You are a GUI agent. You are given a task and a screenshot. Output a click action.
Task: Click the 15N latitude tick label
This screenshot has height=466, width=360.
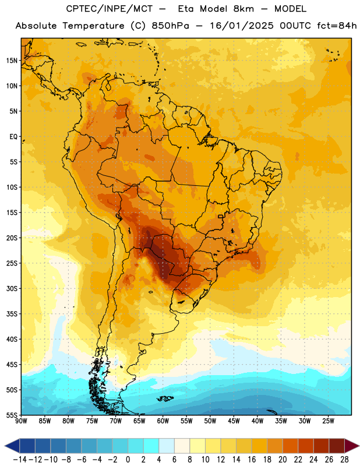point(12,61)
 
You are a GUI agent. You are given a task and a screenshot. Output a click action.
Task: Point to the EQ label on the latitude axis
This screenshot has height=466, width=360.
point(13,137)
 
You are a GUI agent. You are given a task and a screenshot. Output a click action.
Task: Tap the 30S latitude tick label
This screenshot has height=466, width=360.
point(12,288)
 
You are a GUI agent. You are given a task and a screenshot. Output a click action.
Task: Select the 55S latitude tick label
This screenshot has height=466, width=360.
point(12,415)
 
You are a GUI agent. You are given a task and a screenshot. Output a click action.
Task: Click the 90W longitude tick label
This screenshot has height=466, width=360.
point(21,421)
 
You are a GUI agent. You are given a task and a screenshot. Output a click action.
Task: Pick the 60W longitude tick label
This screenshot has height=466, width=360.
point(163,421)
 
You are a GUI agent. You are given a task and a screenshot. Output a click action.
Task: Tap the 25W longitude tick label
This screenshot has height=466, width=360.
point(328,421)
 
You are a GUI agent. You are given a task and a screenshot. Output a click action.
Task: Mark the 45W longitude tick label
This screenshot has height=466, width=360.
point(234,421)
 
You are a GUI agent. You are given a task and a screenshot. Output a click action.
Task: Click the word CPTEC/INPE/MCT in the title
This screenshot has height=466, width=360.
point(110,9)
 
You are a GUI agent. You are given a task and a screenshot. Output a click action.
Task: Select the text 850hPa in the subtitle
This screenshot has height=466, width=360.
point(170,26)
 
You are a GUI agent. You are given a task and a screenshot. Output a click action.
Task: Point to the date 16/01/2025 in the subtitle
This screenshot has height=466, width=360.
point(242,26)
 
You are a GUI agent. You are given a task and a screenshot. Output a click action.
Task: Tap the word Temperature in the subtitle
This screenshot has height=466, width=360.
point(93,26)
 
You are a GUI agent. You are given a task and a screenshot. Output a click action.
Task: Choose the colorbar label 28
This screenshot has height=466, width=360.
point(344,460)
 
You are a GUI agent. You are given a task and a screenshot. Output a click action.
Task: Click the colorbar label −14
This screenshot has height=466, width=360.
point(20,460)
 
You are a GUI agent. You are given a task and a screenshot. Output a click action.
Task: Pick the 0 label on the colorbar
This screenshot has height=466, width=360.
point(128,460)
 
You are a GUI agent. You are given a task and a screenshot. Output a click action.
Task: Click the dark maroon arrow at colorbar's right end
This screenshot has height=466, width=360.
point(352,446)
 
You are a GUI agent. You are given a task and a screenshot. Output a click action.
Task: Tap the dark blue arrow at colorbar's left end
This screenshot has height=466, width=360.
point(12,446)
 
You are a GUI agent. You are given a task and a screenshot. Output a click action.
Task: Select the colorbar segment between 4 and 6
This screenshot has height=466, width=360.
point(167,446)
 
